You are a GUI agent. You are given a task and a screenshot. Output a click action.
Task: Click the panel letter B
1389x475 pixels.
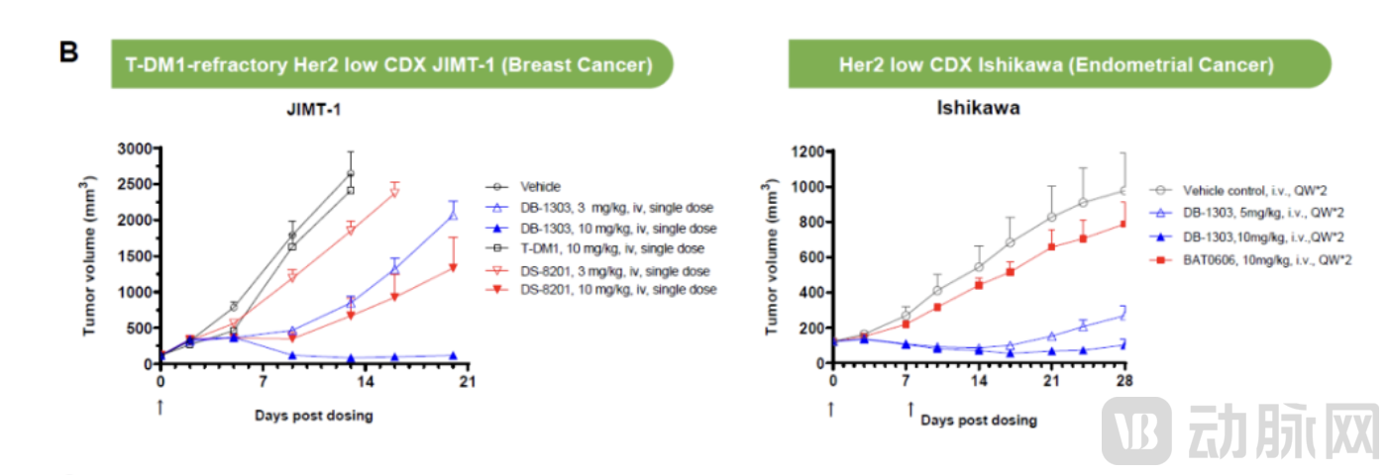click(x=68, y=52)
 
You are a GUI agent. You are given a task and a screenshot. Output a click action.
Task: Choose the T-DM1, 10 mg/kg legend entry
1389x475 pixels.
click(x=593, y=247)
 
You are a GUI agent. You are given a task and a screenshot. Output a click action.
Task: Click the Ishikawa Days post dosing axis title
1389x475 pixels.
click(x=978, y=421)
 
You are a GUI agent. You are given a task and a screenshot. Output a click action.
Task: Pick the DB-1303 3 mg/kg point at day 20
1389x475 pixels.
click(x=454, y=213)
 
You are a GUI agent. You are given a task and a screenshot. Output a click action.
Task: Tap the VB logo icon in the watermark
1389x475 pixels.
click(x=1136, y=428)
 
